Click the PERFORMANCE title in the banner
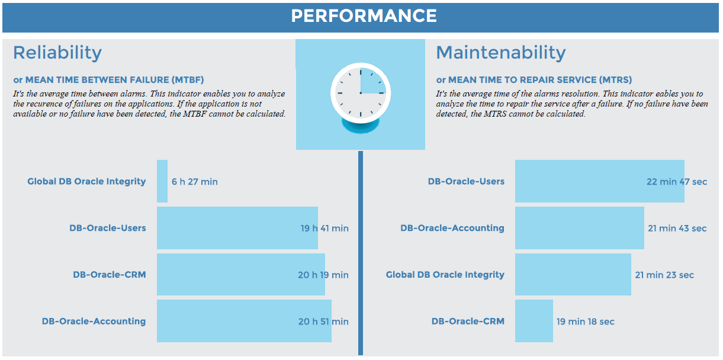(364, 16)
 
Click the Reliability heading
(57, 53)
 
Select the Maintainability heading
(501, 53)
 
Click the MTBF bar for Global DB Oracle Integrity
(162, 181)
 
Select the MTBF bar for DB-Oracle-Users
(237, 228)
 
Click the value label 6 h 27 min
(195, 182)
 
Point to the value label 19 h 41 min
(324, 228)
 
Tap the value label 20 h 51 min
(323, 322)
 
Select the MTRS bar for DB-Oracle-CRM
(534, 321)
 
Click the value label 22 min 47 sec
(677, 182)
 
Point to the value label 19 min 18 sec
(585, 322)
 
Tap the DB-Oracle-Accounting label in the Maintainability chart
(452, 228)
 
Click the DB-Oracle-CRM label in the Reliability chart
(110, 275)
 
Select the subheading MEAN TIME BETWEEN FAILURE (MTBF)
(108, 80)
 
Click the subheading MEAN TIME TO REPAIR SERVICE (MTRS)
(534, 80)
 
